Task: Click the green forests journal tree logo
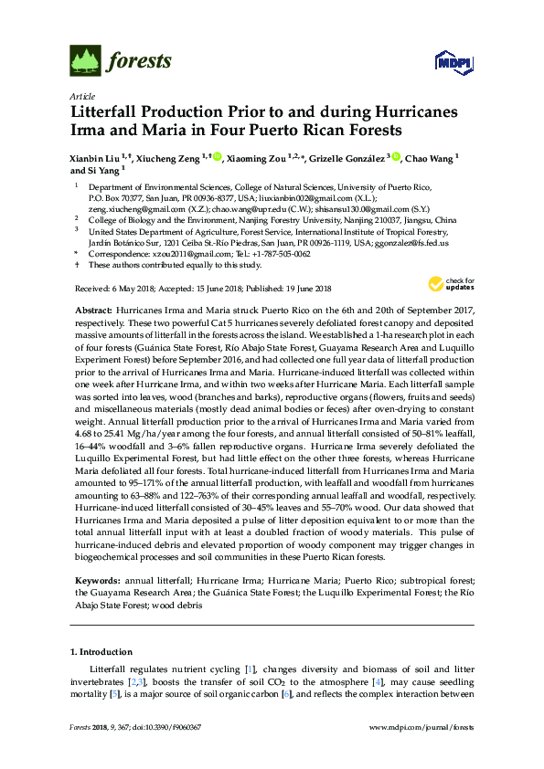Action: [x=86, y=62]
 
